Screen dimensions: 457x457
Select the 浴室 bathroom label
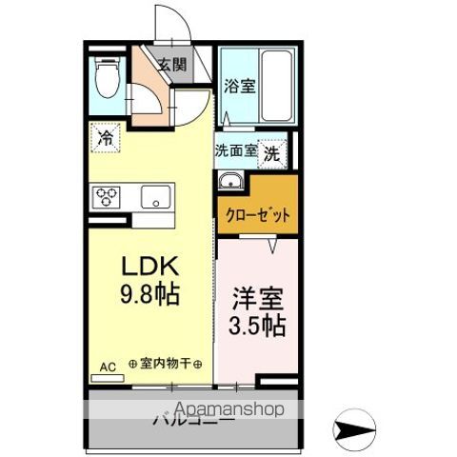point(238,86)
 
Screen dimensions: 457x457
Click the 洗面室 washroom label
point(235,150)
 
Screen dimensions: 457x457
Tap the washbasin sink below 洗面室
point(230,182)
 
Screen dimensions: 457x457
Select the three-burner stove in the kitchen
point(106,198)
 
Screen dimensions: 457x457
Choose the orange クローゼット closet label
point(257,213)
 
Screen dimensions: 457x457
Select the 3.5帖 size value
point(255,326)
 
